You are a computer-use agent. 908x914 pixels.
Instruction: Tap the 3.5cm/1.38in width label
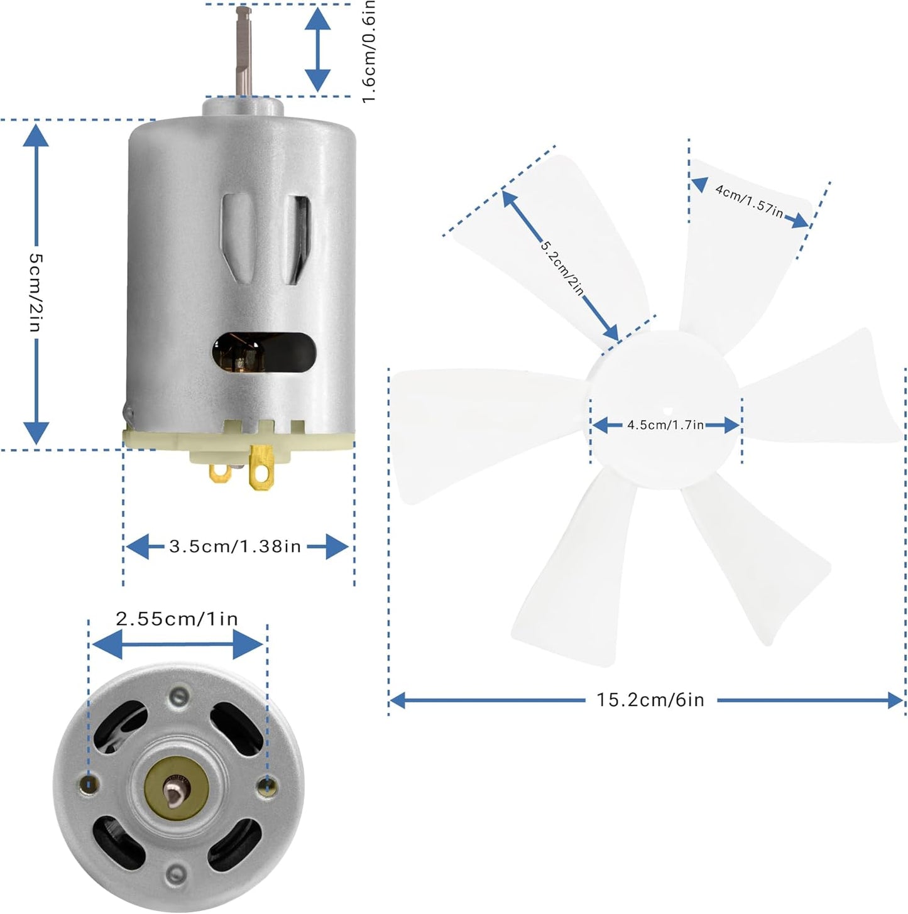coord(236,547)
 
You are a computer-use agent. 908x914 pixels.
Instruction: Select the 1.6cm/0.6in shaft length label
coord(369,51)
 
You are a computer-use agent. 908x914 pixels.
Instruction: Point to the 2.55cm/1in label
coord(177,619)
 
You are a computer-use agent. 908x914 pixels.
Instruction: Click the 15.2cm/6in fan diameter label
coord(650,700)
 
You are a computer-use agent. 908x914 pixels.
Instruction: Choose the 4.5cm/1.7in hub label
coord(665,425)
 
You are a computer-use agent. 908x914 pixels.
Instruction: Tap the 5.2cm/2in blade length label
coord(562,268)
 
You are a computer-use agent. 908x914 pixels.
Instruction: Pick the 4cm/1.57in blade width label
coord(749,201)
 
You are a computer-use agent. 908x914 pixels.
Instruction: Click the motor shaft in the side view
coord(244,52)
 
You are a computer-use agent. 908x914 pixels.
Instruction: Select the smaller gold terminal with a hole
coord(220,473)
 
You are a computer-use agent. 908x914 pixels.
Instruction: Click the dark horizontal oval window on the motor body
coord(264,352)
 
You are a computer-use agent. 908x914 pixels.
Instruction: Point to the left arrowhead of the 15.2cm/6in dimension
coord(397,700)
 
